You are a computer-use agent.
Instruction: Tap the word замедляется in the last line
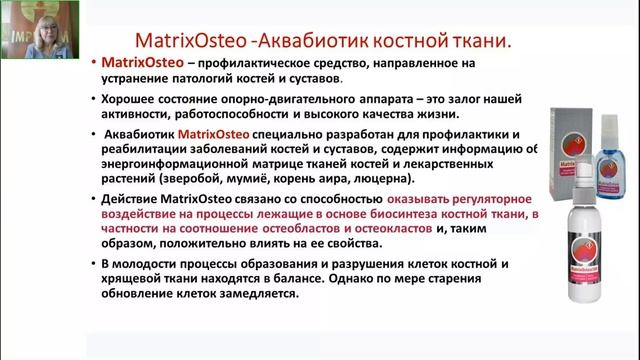pyautogui.click(x=254, y=295)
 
